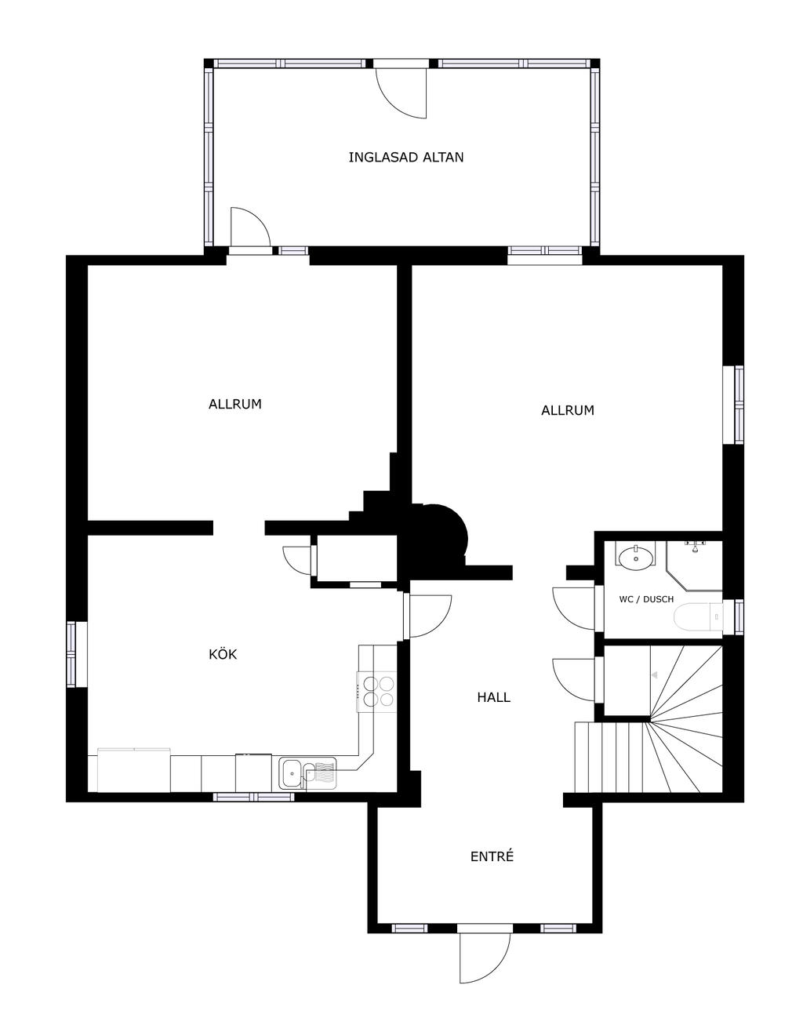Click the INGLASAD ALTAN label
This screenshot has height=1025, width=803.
tap(406, 157)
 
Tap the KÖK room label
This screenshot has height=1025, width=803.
tap(223, 654)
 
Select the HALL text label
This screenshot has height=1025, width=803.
tap(494, 697)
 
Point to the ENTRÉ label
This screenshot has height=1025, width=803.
tap(492, 856)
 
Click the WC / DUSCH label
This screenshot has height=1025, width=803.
tap(646, 599)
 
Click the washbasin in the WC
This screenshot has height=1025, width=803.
tap(636, 558)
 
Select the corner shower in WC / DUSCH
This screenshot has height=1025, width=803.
tap(694, 565)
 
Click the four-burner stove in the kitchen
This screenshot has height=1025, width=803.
tap(376, 691)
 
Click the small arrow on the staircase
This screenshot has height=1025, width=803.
tap(654, 675)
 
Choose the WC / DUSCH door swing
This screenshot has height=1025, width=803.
tap(573, 608)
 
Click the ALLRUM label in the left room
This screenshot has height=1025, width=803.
tap(234, 404)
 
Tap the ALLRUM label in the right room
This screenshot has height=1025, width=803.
tap(567, 410)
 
